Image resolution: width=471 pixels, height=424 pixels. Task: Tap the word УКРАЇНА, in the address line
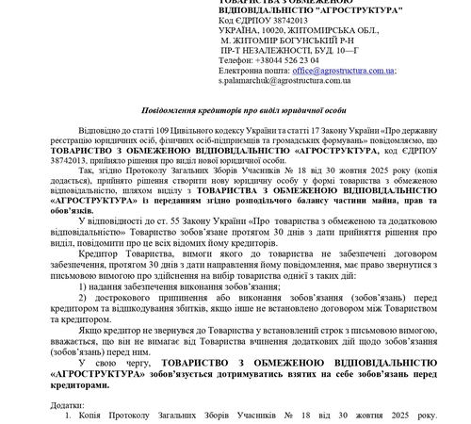[239, 30]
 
